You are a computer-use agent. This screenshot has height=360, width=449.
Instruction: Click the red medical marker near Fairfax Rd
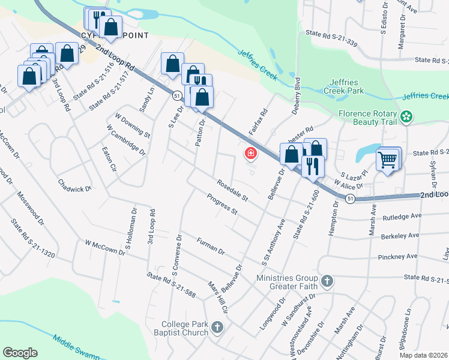(x=250, y=155)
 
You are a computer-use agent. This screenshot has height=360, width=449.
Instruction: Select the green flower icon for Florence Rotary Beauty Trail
(x=408, y=116)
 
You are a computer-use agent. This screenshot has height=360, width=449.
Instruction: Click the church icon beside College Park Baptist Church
(x=217, y=328)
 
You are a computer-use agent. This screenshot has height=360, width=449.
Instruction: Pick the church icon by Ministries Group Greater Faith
(x=327, y=281)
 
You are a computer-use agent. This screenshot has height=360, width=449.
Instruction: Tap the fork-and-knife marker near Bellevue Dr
(x=312, y=166)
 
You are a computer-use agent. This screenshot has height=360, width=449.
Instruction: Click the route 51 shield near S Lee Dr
(x=176, y=95)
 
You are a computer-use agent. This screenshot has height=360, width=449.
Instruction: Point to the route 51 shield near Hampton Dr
(x=351, y=199)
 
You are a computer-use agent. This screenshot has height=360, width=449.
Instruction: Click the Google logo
(x=20, y=353)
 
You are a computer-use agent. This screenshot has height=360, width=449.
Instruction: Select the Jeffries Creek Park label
(x=355, y=86)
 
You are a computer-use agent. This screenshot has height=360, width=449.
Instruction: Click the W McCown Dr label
(x=105, y=248)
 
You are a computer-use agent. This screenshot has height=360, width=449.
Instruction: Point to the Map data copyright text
(x=424, y=355)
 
